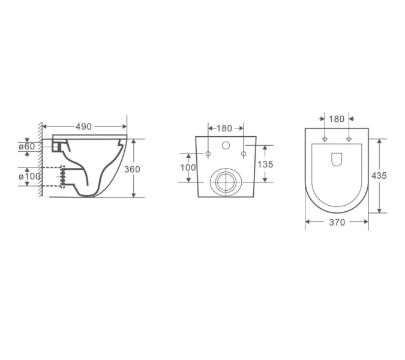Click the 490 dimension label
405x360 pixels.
tap(83, 127)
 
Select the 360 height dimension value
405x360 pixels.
tap(132, 169)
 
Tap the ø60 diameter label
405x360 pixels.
tap(26, 146)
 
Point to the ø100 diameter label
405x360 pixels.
tap(29, 176)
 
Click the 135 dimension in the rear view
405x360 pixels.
tap(265, 164)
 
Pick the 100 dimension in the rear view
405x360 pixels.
tap(188, 167)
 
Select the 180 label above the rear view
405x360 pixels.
tap(224, 128)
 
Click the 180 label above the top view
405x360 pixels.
tap(337, 119)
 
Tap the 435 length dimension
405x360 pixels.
tap(379, 176)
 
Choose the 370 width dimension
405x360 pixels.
tap(337, 222)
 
